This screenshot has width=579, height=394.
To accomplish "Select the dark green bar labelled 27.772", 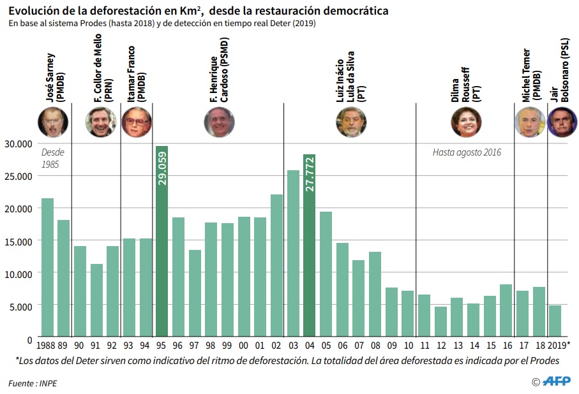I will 310,245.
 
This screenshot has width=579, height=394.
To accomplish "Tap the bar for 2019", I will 555,321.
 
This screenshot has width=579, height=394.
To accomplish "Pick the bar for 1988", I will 47,267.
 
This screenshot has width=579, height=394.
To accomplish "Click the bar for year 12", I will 440,321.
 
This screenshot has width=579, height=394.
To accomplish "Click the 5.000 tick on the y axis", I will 20,306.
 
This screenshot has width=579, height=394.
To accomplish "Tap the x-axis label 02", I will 276,345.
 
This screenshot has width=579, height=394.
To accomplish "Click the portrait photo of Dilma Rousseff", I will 466,122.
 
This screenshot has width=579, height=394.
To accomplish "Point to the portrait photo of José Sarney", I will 53,122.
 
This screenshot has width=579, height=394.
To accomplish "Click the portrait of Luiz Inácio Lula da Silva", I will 351,122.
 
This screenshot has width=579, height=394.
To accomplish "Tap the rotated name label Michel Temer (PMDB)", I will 531,75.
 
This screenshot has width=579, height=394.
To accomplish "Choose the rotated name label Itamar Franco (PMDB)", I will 136,75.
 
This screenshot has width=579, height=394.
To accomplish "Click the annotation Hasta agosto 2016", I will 467,153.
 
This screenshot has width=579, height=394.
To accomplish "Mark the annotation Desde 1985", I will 52,158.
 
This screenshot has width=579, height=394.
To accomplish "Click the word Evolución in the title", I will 33,11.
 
